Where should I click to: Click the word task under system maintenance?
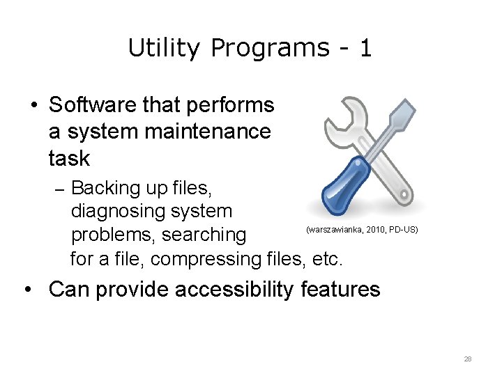(69, 158)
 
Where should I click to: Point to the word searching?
(204, 235)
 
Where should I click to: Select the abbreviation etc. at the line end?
(327, 259)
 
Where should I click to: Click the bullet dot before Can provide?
(32, 289)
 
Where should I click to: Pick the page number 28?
(467, 359)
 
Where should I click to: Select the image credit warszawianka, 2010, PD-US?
(362, 229)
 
